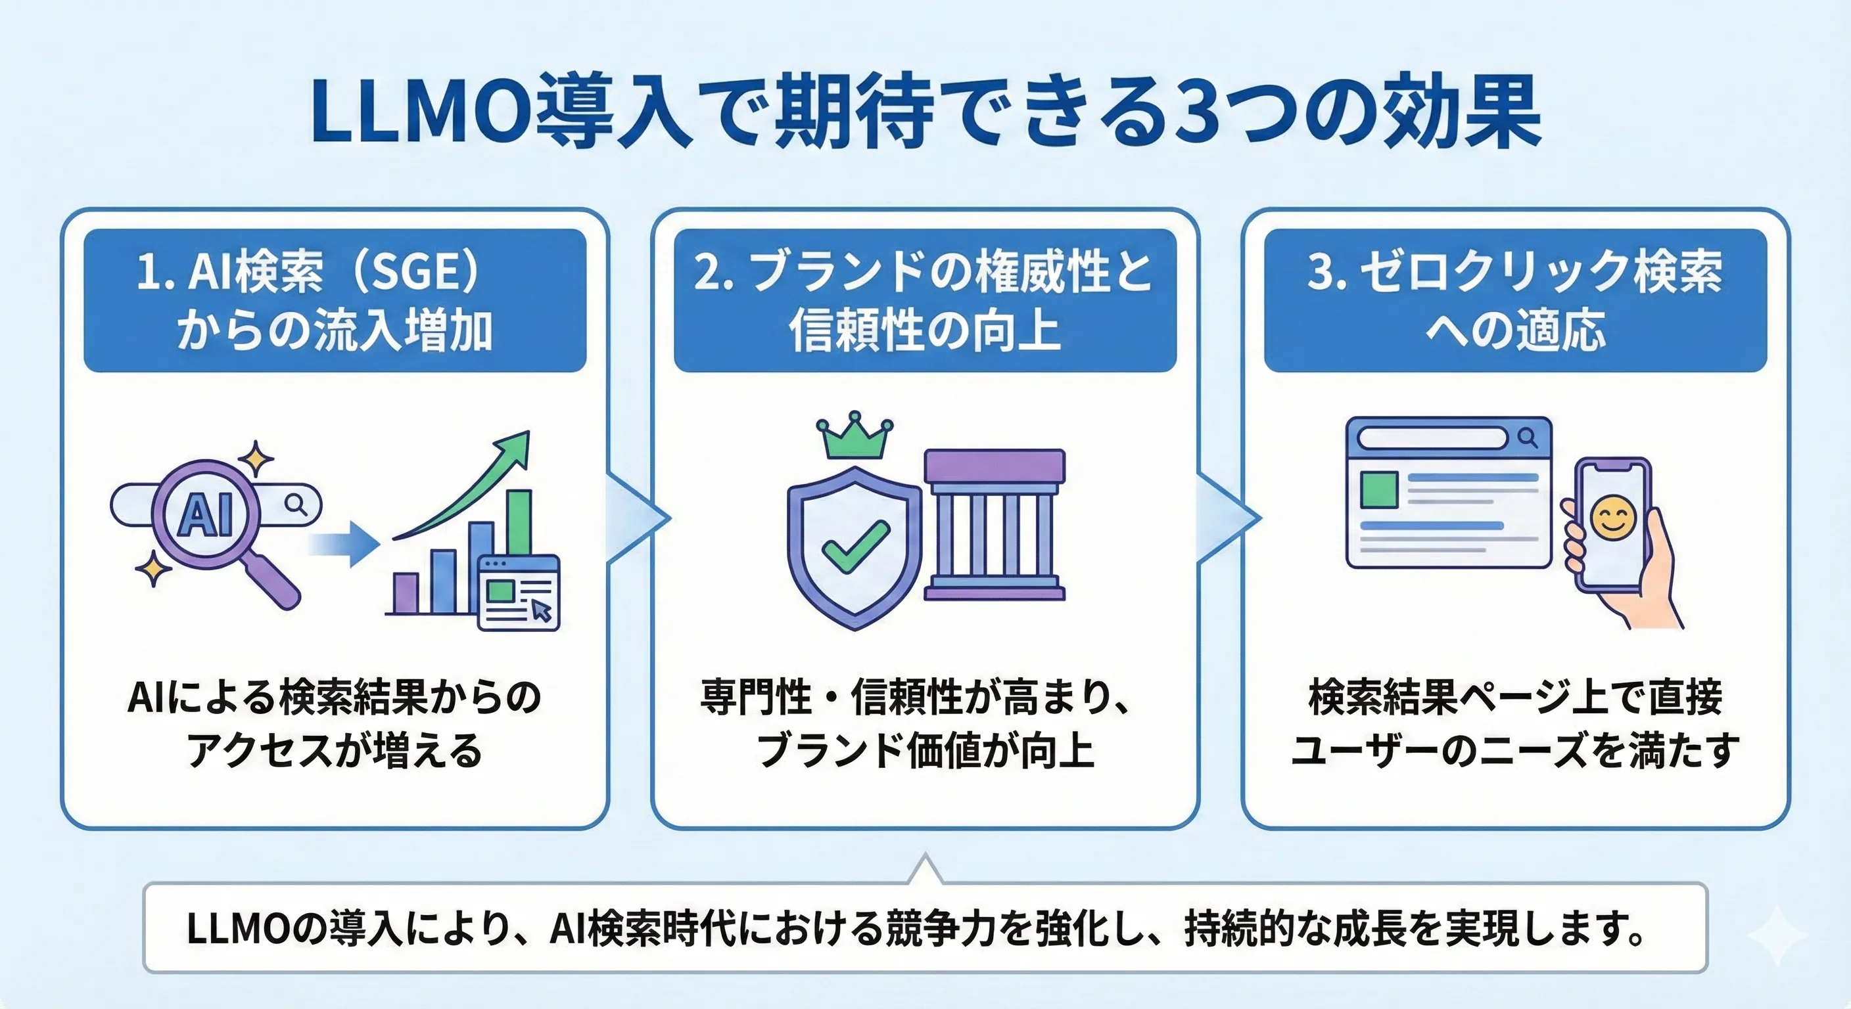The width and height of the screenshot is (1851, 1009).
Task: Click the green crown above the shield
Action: (855, 437)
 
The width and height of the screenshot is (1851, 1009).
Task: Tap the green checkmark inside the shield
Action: (855, 547)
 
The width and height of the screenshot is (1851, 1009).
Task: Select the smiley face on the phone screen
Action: (1613, 519)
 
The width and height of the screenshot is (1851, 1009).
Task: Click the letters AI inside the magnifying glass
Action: (206, 515)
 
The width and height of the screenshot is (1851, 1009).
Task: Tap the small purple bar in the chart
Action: (406, 593)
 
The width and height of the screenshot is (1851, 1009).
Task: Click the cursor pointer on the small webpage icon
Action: (541, 610)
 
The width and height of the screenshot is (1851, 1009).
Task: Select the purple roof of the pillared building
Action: (995, 465)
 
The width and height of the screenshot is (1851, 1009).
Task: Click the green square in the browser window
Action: (1379, 491)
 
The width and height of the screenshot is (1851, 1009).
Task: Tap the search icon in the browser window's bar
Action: (1528, 437)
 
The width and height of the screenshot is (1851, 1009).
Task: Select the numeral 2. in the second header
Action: (714, 274)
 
